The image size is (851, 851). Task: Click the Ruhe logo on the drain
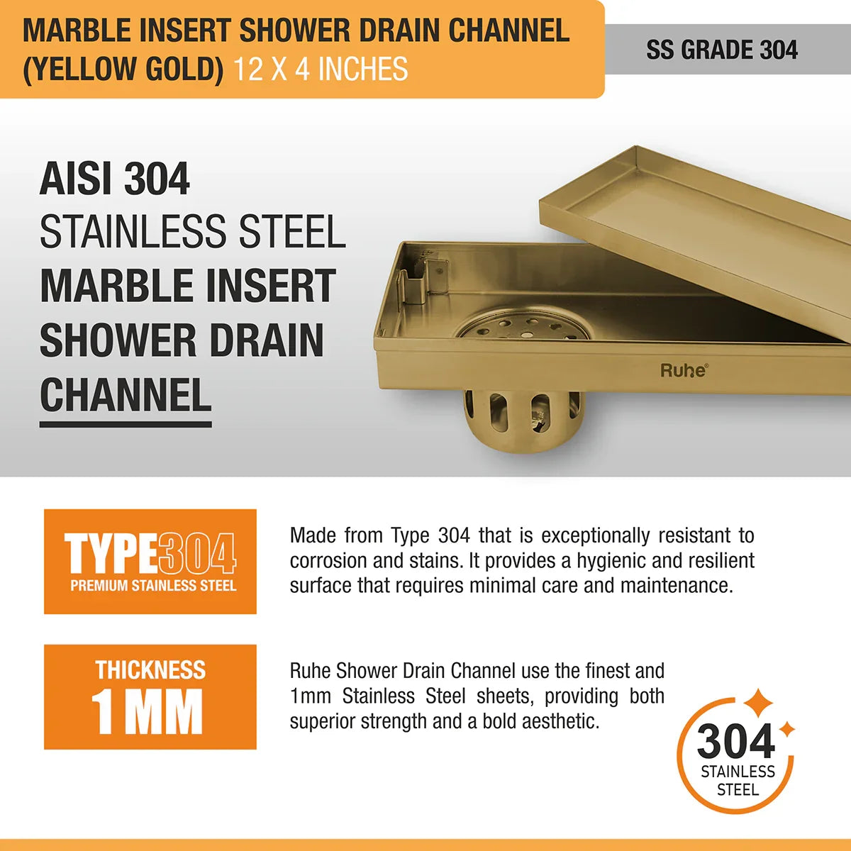point(684,369)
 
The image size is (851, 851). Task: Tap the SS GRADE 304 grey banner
point(722,50)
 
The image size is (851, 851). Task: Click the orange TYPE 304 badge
point(150,561)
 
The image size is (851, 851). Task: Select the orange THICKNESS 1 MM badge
point(150,696)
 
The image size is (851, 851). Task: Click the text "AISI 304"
point(115,179)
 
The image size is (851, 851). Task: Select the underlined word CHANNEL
point(126,396)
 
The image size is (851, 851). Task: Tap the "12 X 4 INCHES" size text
point(321,69)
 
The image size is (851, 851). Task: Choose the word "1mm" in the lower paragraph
point(310,696)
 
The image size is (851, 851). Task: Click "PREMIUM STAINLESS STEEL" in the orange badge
point(153,586)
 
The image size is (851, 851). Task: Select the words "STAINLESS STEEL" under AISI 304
point(192,232)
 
